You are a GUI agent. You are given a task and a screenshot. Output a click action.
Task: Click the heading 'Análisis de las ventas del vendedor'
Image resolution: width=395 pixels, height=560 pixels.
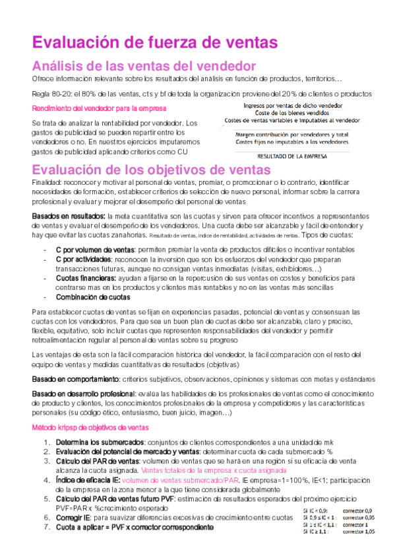144,66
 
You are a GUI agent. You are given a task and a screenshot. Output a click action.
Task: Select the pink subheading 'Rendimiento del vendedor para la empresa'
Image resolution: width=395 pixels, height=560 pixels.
99,108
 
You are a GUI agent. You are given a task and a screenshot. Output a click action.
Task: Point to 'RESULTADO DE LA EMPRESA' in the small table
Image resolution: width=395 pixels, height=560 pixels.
295,157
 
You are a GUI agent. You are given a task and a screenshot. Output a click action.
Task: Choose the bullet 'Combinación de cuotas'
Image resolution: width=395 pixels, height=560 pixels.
90,297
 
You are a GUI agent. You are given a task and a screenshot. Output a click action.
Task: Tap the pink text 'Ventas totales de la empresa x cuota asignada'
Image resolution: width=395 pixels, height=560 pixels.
214,470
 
